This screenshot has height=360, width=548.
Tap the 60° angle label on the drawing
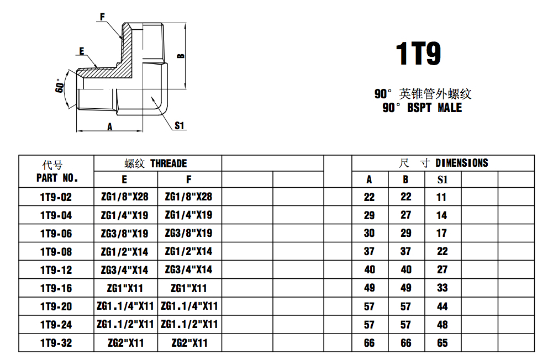pyautogui.click(x=60, y=87)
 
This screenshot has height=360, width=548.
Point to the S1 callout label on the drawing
pyautogui.click(x=179, y=125)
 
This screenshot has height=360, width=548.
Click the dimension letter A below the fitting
pyautogui.click(x=110, y=126)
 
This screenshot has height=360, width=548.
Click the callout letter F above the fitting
pyautogui.click(x=102, y=17)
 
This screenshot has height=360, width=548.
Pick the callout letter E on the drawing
pyautogui.click(x=82, y=51)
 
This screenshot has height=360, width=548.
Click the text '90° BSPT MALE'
pyautogui.click(x=422, y=108)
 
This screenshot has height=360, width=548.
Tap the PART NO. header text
pyautogui.click(x=57, y=178)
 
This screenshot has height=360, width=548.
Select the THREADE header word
pyautogui.click(x=168, y=163)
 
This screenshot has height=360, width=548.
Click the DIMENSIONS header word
pyautogui.click(x=462, y=163)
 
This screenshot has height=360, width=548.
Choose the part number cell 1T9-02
pyautogui.click(x=56, y=197)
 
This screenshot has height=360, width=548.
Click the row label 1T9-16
pyautogui.click(x=56, y=288)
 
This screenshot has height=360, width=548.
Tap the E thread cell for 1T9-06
pyautogui.click(x=125, y=234)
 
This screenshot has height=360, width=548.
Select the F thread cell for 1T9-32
pyautogui.click(x=189, y=343)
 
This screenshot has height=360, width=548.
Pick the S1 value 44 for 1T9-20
pyautogui.click(x=442, y=306)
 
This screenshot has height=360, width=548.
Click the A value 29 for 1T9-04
pyautogui.click(x=369, y=215)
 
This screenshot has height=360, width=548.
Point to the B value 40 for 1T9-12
pyautogui.click(x=406, y=270)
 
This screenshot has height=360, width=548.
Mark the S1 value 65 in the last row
pyautogui.click(x=442, y=343)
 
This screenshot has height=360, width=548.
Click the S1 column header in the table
pyautogui.click(x=442, y=179)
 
